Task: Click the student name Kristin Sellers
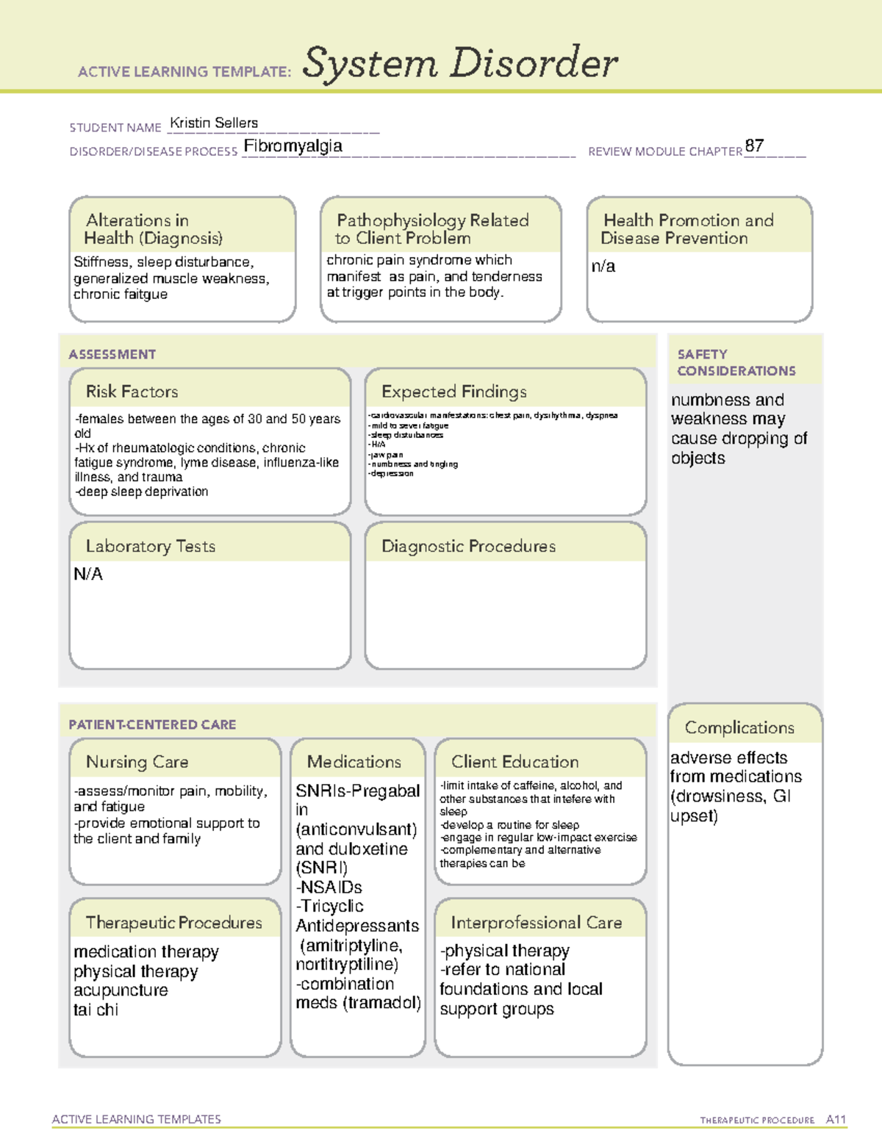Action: [214, 123]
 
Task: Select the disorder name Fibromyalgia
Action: [293, 146]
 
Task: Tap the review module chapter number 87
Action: [754, 145]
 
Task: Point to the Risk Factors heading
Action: [132, 392]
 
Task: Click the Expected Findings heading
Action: [453, 392]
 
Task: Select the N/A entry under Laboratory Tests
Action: [88, 575]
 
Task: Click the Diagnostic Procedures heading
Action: [468, 547]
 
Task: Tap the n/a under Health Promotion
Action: [603, 267]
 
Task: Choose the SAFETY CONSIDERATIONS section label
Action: [736, 363]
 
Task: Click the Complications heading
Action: [739, 728]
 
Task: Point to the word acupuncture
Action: [121, 990]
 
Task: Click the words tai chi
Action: [96, 1010]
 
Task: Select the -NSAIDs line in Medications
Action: [329, 888]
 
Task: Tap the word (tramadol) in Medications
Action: [381, 1004]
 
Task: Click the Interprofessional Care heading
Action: [536, 923]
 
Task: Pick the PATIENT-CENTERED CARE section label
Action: [152, 725]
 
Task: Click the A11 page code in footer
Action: [836, 1120]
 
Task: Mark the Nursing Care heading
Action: [137, 763]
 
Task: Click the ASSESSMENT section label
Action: [112, 355]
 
